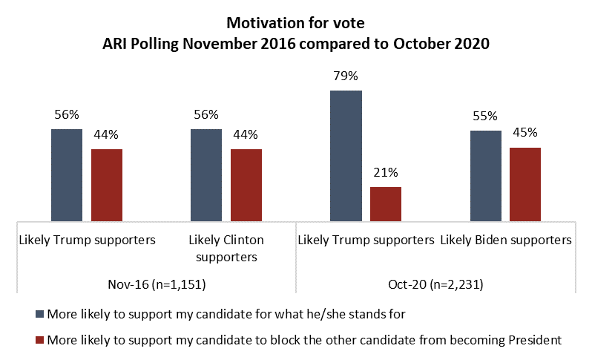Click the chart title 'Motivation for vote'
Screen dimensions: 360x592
pos(296,24)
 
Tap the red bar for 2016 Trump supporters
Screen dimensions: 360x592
pos(107,185)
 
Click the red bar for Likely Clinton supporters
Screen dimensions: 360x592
pos(246,185)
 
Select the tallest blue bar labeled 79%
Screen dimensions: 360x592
pos(346,156)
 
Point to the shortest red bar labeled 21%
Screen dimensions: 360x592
pos(386,203)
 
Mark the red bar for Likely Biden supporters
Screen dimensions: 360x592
pos(525,184)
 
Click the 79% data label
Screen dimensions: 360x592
pos(346,76)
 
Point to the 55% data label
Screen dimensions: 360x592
pos(486,117)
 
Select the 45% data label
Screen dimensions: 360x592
pos(525,134)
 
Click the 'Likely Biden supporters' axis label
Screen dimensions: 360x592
pos(507,240)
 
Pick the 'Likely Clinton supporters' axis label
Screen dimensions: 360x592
pos(226,249)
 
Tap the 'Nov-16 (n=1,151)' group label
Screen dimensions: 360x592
pos(157,285)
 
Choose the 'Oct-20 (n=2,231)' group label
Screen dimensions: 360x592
pos(436,285)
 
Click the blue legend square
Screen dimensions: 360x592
pos(38,315)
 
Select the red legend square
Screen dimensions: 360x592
pos(38,341)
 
